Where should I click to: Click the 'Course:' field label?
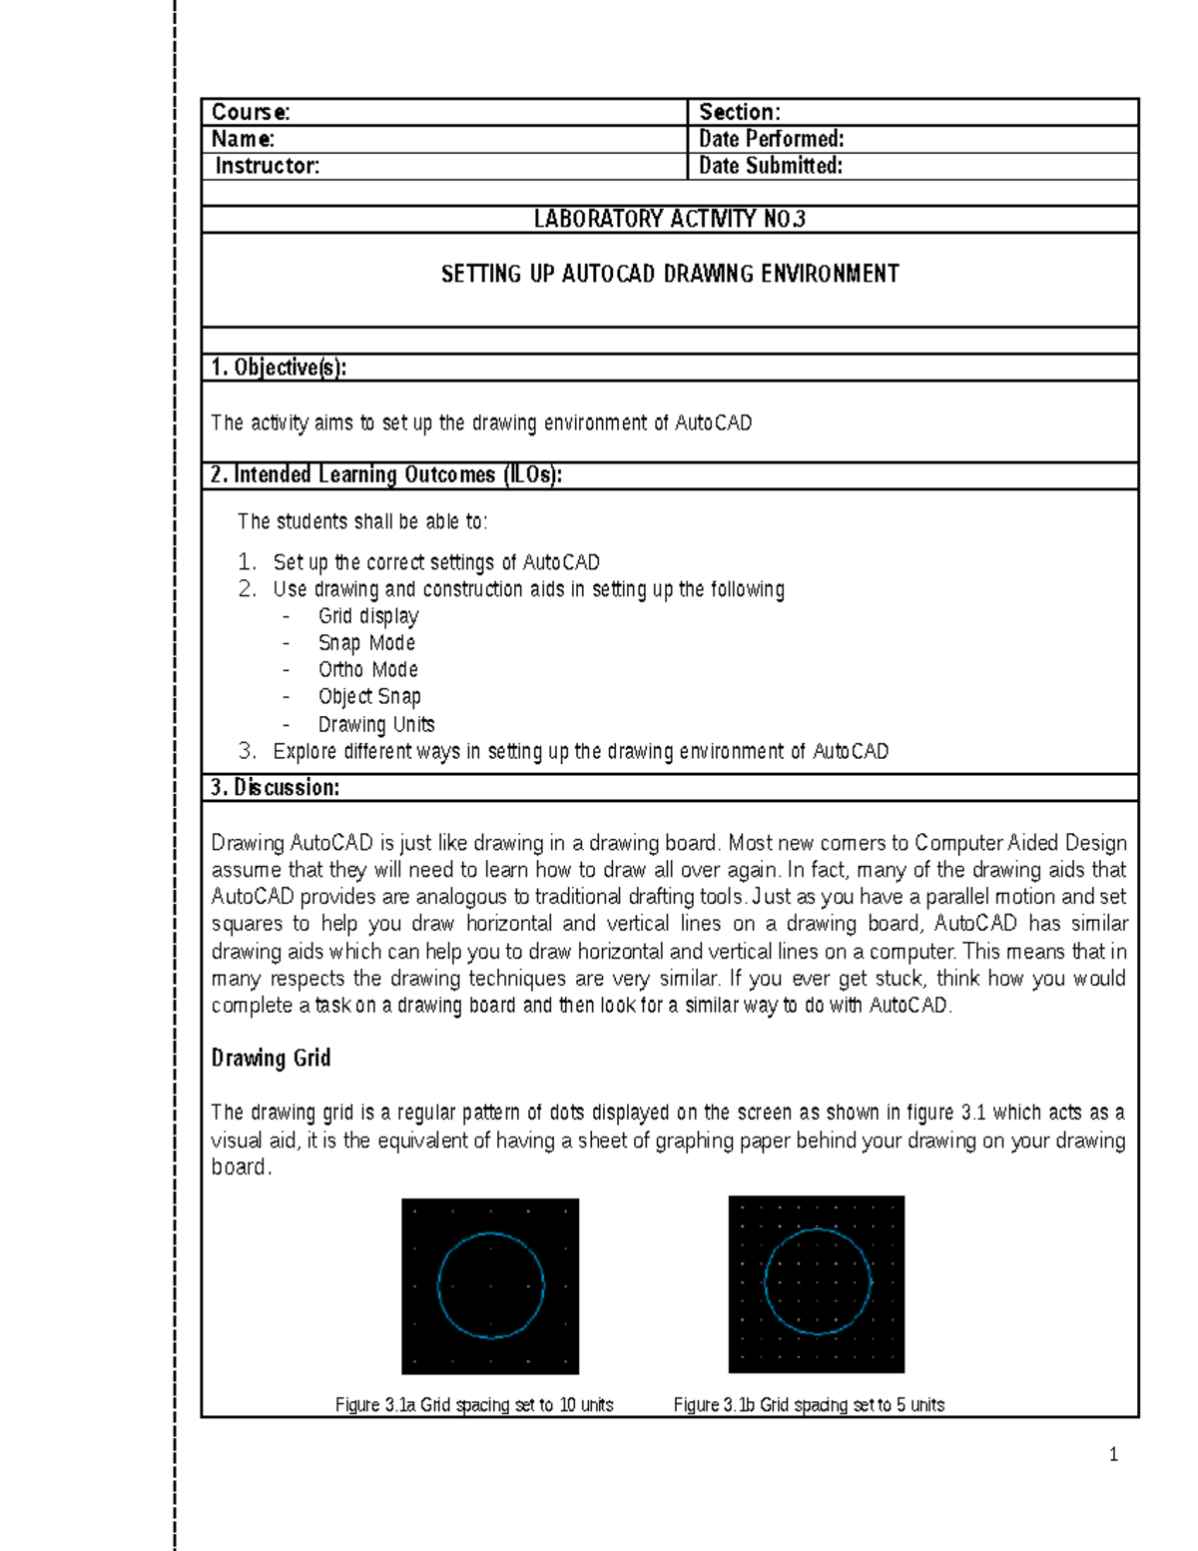click(251, 112)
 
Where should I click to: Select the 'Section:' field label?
click(739, 112)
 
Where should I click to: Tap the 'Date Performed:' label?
click(771, 139)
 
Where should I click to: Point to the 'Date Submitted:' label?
click(770, 166)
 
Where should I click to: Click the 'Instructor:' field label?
click(267, 166)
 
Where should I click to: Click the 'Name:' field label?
click(243, 139)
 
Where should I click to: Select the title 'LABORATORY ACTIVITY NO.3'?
click(669, 219)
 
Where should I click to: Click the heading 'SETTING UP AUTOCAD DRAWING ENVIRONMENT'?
click(670, 274)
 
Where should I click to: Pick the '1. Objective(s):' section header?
click(279, 368)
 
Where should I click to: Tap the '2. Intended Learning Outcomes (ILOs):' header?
click(386, 475)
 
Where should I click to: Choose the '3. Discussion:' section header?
click(275, 788)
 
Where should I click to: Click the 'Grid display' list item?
click(367, 616)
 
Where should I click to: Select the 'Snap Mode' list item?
click(366, 643)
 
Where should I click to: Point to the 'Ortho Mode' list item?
click(367, 670)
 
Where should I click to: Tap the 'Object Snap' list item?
click(369, 697)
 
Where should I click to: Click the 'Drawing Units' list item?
click(376, 724)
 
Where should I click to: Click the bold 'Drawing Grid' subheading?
click(271, 1058)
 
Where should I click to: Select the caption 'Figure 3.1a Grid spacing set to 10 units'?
click(474, 1405)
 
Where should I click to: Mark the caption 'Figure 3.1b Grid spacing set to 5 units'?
click(809, 1405)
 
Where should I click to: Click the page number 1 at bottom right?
click(1113, 1454)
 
